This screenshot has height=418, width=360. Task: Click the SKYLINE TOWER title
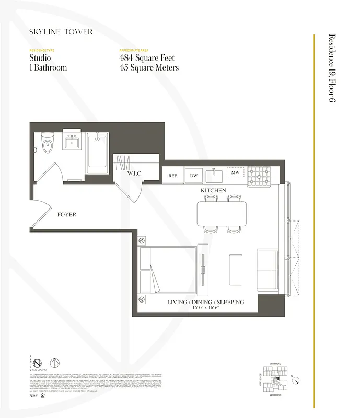(61, 32)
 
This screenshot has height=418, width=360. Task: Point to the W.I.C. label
(135, 173)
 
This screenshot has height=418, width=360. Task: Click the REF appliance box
(172, 176)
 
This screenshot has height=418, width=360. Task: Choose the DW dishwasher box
(193, 176)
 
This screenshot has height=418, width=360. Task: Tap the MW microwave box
(235, 172)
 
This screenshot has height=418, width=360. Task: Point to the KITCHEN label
(213, 191)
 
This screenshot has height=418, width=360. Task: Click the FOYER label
(67, 215)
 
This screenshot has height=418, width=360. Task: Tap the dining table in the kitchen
(222, 213)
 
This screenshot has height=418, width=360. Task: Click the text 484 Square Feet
(147, 59)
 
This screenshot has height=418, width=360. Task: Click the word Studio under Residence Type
(40, 59)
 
